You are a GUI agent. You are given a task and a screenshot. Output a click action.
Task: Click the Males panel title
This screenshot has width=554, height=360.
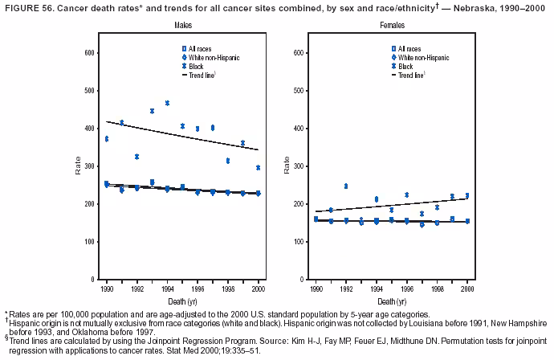click(x=182, y=27)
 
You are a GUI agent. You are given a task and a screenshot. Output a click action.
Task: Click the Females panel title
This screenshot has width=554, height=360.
click(x=392, y=27)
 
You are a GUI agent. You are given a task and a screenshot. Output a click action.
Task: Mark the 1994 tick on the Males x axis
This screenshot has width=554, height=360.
click(x=167, y=288)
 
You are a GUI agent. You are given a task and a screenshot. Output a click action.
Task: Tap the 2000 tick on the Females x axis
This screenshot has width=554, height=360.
click(x=466, y=288)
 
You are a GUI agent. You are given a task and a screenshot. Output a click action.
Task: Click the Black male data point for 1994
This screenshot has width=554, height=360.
click(x=167, y=103)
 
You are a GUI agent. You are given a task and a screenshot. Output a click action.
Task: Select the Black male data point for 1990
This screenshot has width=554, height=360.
click(x=107, y=139)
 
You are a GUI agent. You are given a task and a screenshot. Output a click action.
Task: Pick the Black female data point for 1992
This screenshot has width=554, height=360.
click(x=346, y=186)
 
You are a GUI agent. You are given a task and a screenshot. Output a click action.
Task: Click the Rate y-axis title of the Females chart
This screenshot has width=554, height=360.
click(x=286, y=166)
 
